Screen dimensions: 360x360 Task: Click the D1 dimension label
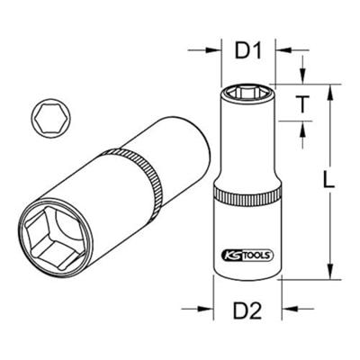click(247, 50)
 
